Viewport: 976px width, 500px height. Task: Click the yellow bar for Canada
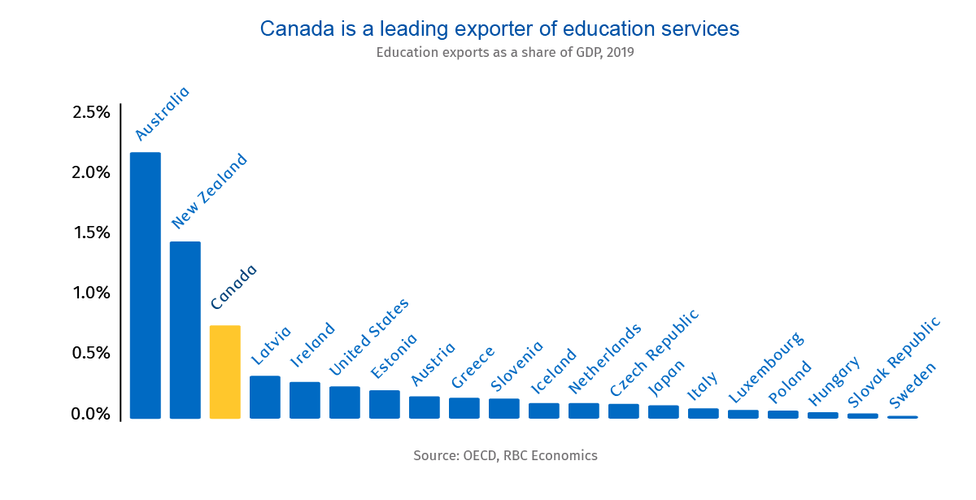pyautogui.click(x=224, y=372)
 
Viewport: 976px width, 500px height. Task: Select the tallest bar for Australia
pyautogui.click(x=146, y=285)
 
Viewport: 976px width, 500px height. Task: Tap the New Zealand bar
pyautogui.click(x=185, y=329)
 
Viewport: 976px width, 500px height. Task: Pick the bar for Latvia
pyautogui.click(x=264, y=397)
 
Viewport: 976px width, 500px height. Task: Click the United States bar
pyautogui.click(x=344, y=402)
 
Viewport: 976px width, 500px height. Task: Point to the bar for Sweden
pyautogui.click(x=902, y=417)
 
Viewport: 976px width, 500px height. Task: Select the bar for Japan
pyautogui.click(x=663, y=411)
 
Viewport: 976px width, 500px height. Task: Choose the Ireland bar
pyautogui.click(x=304, y=400)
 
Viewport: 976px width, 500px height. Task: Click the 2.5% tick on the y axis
pyautogui.click(x=91, y=112)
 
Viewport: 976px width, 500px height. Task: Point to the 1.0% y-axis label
pyautogui.click(x=91, y=293)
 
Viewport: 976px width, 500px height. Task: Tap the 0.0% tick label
pyautogui.click(x=91, y=413)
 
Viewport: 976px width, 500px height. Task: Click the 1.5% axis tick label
pyautogui.click(x=91, y=233)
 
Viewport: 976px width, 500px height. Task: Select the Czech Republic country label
pyautogui.click(x=654, y=341)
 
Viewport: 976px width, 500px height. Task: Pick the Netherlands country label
pyautogui.click(x=604, y=358)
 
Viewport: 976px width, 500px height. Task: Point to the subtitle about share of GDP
pyautogui.click(x=504, y=53)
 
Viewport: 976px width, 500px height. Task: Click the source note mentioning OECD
pyautogui.click(x=505, y=455)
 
